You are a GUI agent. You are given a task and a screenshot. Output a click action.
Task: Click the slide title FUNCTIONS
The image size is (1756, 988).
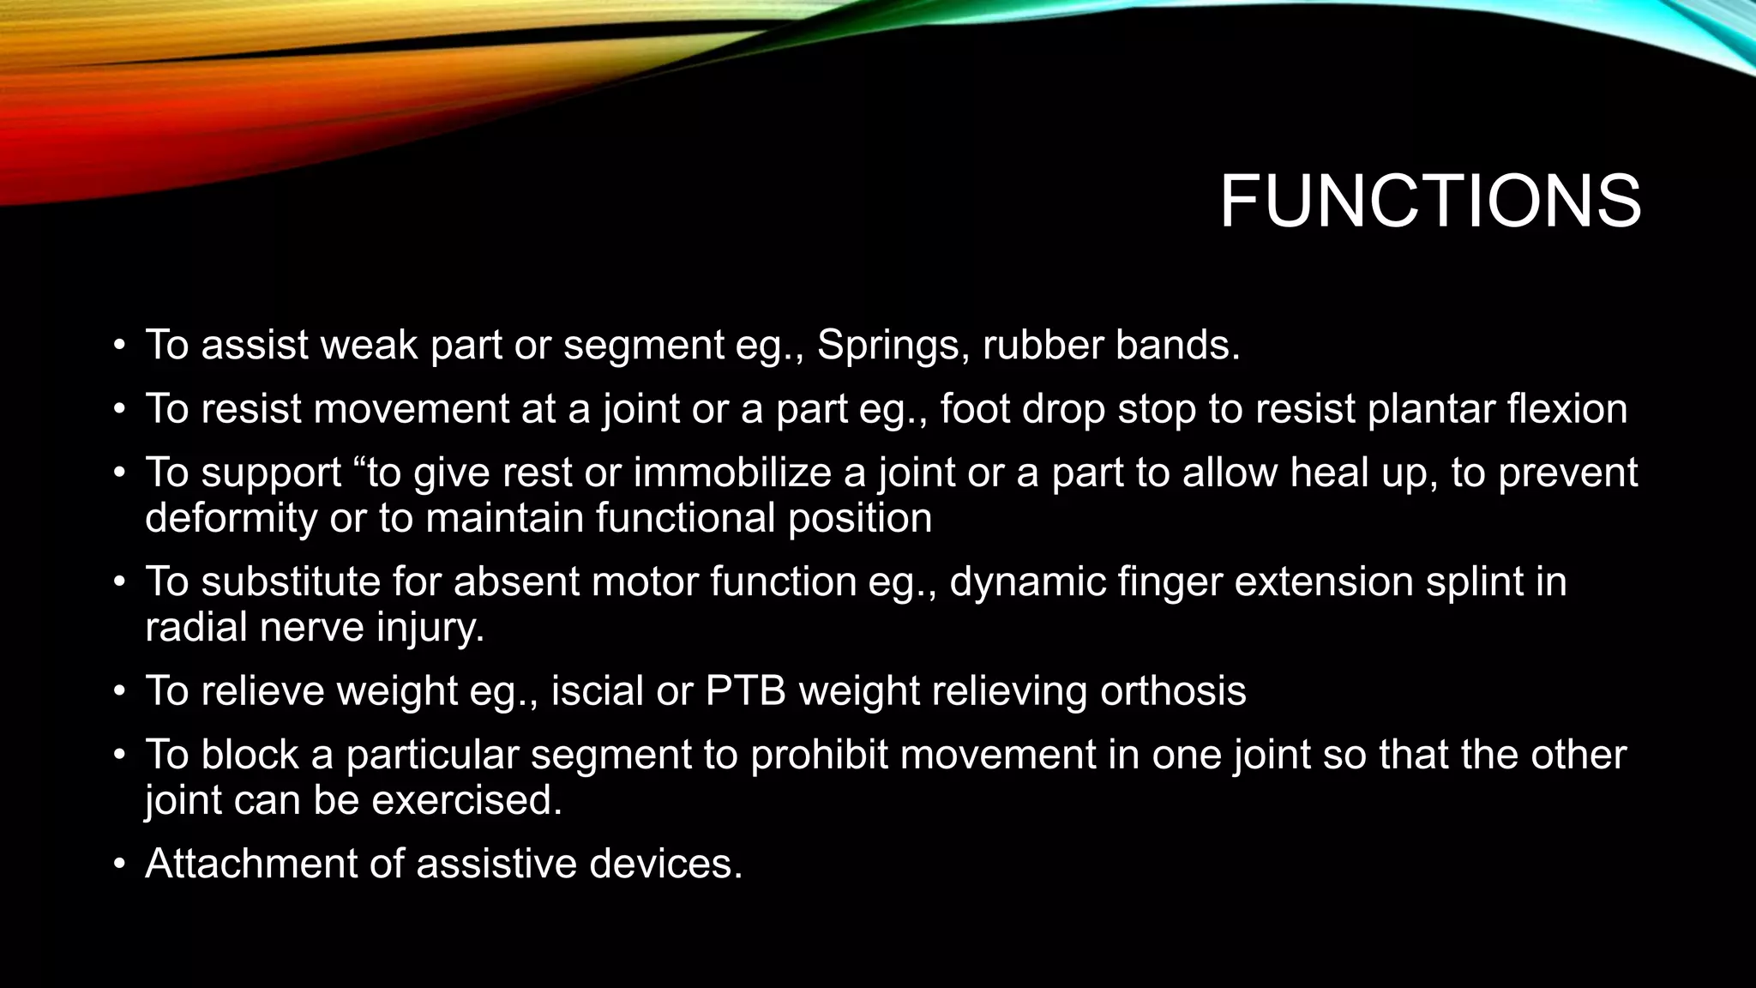tap(1429, 202)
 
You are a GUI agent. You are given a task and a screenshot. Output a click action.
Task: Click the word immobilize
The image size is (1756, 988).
tap(731, 473)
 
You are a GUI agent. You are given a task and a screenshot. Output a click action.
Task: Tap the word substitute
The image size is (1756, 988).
tap(291, 582)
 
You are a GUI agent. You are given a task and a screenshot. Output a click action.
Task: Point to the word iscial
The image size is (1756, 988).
tap(597, 691)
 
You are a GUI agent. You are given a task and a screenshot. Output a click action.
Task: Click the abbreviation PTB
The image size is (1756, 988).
tap(745, 691)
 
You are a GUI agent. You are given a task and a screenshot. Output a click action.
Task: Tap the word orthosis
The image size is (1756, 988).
tap(1173, 691)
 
